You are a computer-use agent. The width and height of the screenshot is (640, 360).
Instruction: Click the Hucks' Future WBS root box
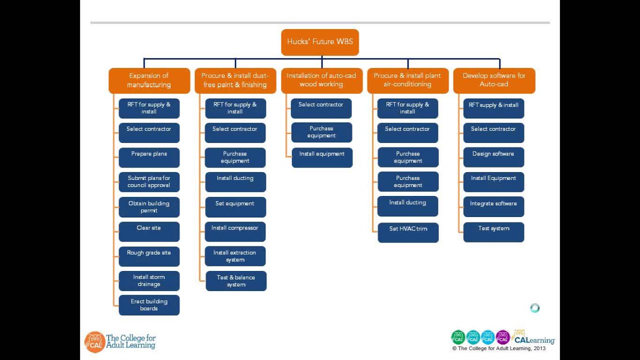coord(320,42)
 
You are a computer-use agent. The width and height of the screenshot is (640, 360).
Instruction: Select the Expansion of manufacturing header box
coord(149,80)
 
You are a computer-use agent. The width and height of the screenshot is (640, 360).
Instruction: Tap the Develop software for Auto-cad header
coord(494,80)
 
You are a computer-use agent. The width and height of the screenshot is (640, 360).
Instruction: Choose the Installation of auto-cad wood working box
coord(321,80)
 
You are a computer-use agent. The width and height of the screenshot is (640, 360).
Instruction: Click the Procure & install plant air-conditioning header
coord(407,80)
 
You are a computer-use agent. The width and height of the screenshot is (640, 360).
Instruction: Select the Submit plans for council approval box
coord(149,182)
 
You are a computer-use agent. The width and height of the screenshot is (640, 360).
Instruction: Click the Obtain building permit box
coord(149,207)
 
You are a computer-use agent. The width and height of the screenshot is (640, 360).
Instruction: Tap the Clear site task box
coord(149,231)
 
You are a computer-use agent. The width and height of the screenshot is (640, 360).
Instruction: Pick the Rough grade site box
coord(149,256)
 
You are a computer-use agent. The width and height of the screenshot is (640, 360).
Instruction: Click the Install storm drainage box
coord(149,281)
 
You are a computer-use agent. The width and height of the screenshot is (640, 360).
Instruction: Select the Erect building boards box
coord(149,305)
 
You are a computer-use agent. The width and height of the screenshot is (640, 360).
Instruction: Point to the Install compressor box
coord(235,231)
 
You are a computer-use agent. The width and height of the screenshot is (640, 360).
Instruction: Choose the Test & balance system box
coord(236,281)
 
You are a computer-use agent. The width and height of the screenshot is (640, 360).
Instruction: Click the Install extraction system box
coord(235,256)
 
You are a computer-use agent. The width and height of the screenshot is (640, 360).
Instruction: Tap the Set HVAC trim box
coord(408,232)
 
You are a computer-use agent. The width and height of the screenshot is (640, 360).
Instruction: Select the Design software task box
coord(493,157)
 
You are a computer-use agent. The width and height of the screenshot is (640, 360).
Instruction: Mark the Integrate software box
coord(493,207)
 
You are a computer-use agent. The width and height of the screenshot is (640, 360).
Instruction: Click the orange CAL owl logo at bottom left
coord(94,342)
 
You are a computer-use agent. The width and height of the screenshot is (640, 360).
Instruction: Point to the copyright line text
coord(499,349)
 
